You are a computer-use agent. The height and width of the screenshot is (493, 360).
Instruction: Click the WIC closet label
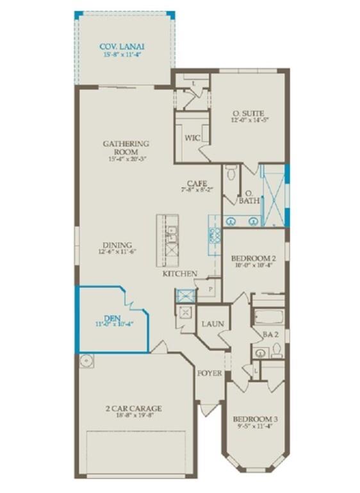pyautogui.click(x=192, y=137)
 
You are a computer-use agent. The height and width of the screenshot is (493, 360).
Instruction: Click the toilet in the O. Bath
pyautogui.click(x=232, y=172)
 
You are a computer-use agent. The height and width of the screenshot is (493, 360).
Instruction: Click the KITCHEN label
pyautogui.click(x=179, y=274)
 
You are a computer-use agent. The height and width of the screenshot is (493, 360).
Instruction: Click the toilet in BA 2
pyautogui.click(x=277, y=350)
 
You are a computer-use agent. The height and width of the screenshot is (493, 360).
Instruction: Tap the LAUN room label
pyautogui.click(x=213, y=324)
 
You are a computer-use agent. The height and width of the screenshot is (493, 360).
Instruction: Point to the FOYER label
pyautogui.click(x=209, y=372)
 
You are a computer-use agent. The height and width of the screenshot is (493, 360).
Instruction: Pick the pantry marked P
pyautogui.click(x=209, y=290)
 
